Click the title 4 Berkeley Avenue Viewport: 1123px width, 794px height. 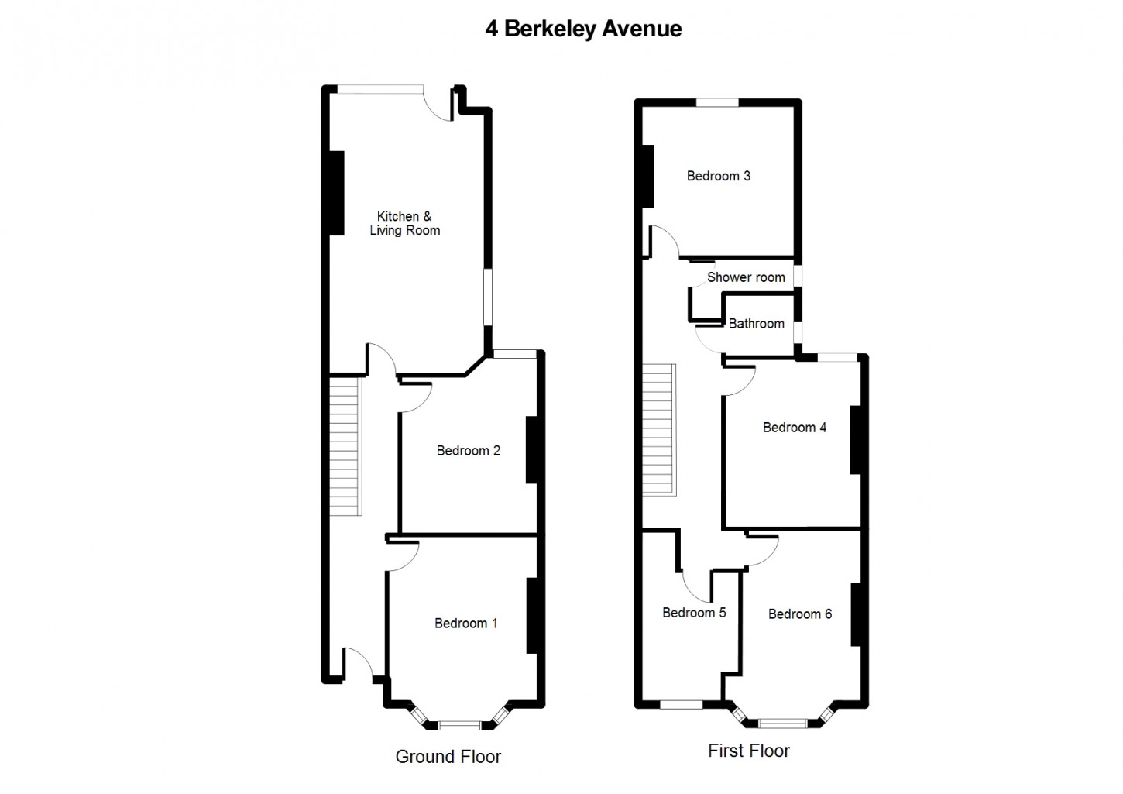coord(583,29)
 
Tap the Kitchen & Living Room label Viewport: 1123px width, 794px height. coord(404,223)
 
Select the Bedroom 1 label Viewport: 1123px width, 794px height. coord(465,623)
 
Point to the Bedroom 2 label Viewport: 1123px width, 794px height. coord(468,450)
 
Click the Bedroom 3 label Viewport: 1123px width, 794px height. coord(718,176)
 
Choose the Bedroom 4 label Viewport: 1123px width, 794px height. coord(794,427)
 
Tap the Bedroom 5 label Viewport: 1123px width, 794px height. coord(694,613)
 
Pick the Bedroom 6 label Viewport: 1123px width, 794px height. coord(799,614)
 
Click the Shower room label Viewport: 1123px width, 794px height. coord(745,277)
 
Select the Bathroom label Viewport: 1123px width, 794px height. coord(756,324)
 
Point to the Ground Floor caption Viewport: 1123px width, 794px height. coord(448,757)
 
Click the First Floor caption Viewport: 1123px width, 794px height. coord(748,751)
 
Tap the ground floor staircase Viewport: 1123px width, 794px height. coord(345,445)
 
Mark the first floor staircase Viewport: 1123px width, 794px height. coord(660,430)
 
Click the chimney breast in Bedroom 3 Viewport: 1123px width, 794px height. coord(647,176)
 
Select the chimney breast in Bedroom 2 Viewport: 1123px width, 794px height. coord(533,450)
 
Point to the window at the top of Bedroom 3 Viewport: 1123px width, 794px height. coord(716,101)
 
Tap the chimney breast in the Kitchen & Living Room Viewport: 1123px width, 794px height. coord(337,192)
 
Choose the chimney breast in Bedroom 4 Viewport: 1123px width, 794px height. coord(857,439)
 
